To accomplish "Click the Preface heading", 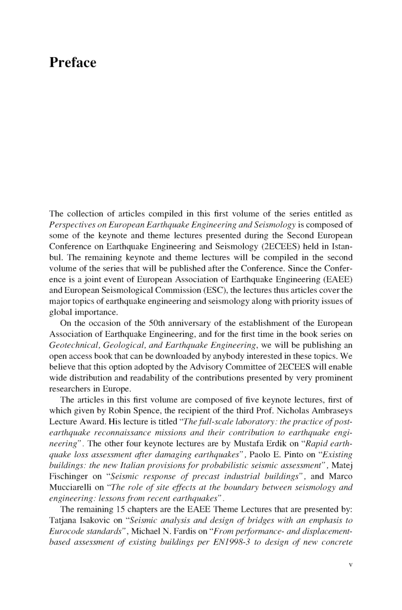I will (72, 63).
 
